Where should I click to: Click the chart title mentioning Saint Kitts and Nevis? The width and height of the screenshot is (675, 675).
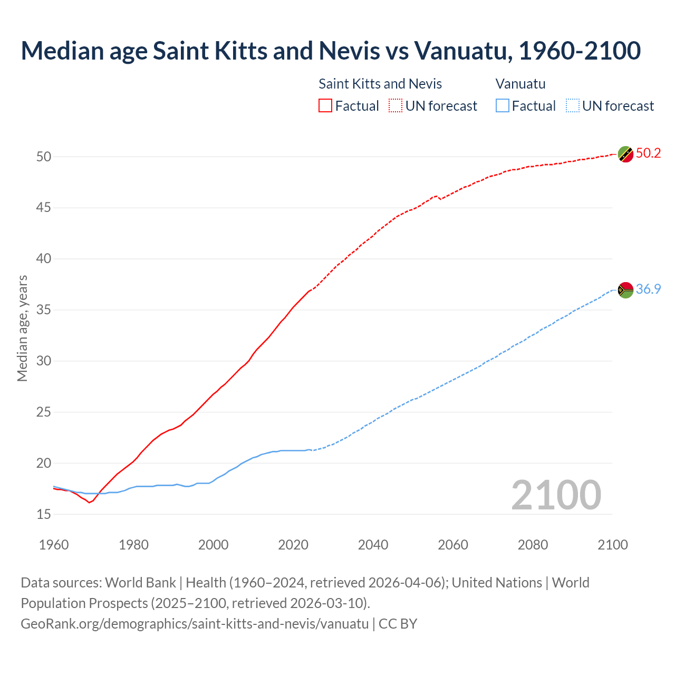tap(331, 51)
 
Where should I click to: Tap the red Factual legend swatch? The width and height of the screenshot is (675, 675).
tap(325, 106)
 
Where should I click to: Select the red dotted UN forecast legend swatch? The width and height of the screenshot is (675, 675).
tap(396, 106)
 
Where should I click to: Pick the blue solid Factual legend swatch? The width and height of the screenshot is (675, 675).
tap(503, 106)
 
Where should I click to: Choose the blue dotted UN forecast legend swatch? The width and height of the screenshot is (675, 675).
tap(572, 106)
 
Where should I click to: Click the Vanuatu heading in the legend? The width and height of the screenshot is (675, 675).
tap(520, 84)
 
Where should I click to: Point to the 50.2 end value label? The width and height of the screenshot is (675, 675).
tap(648, 153)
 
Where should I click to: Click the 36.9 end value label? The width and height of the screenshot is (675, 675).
tap(648, 289)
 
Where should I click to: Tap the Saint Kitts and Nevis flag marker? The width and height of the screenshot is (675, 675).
tap(625, 154)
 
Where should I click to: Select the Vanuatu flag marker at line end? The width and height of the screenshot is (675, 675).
tap(625, 290)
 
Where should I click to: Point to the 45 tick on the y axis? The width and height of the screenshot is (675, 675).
tap(44, 208)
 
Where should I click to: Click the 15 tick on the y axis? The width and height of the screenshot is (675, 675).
tap(44, 514)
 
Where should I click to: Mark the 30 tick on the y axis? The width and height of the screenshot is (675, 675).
tap(44, 361)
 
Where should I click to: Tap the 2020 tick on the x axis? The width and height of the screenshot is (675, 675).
tap(293, 545)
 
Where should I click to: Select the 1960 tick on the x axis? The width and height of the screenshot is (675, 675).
tap(54, 545)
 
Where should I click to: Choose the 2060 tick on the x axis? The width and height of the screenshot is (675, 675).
tap(453, 545)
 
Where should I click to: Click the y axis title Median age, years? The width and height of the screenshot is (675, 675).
tap(22, 328)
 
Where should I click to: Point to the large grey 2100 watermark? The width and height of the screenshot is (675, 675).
tap(556, 495)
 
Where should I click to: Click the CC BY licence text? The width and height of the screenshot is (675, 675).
tap(398, 624)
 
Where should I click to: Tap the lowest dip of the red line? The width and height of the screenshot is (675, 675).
tap(89, 503)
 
